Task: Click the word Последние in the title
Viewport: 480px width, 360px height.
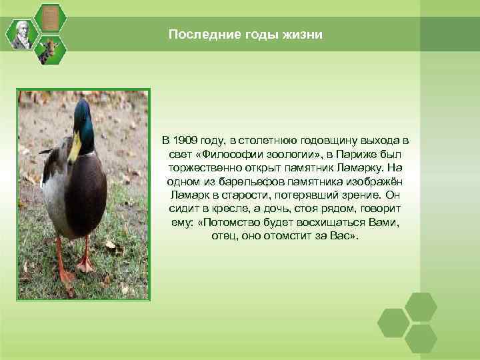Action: pyautogui.click(x=195, y=34)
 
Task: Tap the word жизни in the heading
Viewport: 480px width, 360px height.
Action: pyautogui.click(x=305, y=34)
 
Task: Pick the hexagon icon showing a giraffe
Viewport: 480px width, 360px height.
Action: pyautogui.click(x=49, y=51)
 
